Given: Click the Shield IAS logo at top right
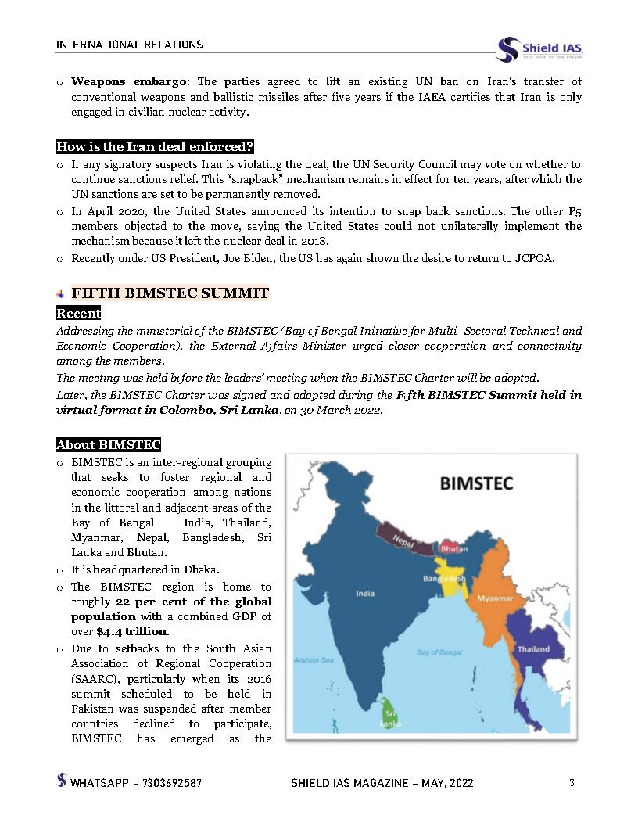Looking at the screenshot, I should click(x=540, y=48).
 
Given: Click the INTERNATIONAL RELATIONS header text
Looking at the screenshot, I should click(x=129, y=45).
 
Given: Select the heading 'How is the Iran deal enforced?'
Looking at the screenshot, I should click(x=155, y=147).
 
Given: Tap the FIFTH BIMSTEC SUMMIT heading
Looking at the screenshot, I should click(x=170, y=293).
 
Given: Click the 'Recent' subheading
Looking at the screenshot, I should click(x=78, y=313).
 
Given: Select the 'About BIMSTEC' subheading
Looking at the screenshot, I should click(x=108, y=445).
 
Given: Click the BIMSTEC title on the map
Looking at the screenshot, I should click(x=476, y=483).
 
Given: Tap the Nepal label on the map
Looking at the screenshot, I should click(x=403, y=540).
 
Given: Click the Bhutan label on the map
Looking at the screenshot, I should click(x=454, y=548).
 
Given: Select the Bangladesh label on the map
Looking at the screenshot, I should click(x=444, y=579).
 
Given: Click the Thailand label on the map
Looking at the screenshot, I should click(x=532, y=648).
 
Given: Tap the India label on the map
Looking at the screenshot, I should click(x=364, y=593).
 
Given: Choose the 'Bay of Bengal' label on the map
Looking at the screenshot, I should click(x=439, y=652).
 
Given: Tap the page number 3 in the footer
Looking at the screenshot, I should click(x=572, y=782).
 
